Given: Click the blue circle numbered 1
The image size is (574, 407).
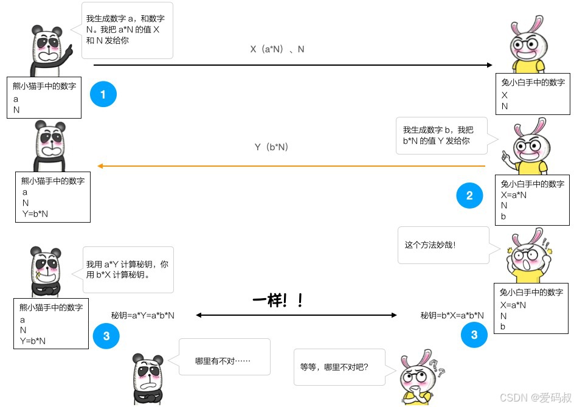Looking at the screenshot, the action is [103, 94].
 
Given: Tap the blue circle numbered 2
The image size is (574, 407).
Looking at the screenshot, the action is [469, 195].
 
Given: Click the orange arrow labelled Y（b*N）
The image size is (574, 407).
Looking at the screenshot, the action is [292, 165].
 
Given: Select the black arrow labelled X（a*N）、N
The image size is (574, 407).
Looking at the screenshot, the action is [292, 65].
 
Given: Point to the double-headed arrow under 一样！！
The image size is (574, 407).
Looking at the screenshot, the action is [296, 315].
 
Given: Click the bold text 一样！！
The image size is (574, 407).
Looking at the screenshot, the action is [277, 301].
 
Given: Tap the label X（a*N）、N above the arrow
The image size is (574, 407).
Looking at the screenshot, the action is [277, 49].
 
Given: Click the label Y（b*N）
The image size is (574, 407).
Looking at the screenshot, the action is [271, 147].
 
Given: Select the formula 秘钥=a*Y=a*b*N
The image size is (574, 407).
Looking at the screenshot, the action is [143, 315].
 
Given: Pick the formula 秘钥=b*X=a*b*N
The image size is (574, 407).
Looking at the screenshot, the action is [452, 315].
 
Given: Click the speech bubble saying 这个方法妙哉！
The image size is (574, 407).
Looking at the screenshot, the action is [443, 245].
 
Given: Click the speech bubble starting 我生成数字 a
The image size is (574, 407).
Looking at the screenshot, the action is [126, 30].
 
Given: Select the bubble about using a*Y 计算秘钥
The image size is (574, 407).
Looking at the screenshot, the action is [130, 270].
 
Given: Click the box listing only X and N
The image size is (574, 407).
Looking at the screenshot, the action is [533, 94].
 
